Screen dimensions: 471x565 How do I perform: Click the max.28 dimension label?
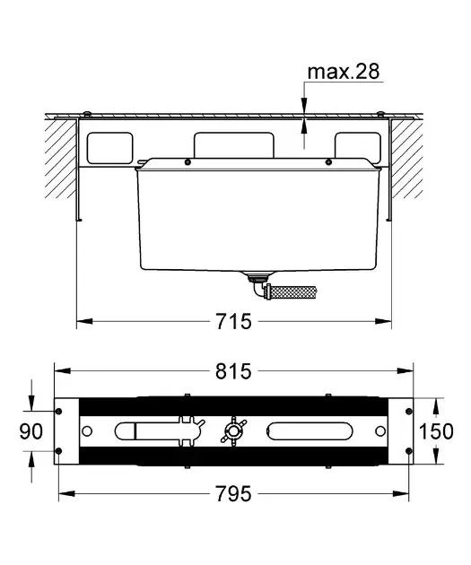[344, 72]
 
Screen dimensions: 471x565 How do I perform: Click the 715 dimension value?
[233, 321]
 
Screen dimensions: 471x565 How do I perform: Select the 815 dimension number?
[233, 371]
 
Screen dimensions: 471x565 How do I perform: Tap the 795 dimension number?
[233, 493]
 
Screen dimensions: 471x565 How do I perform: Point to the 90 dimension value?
[31, 431]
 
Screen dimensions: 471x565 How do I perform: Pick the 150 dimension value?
[436, 431]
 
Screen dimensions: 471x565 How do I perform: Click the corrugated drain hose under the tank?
[293, 291]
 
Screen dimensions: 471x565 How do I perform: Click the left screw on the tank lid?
[188, 162]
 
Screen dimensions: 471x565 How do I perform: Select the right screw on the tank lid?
[328, 162]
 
